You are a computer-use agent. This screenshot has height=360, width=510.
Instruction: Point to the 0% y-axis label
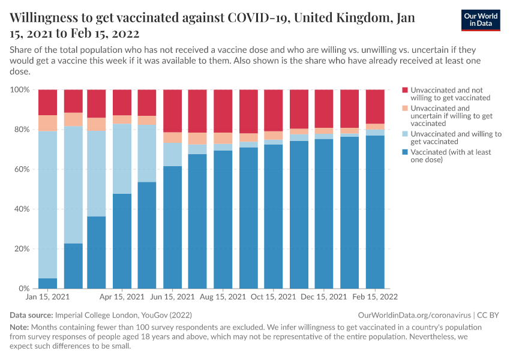tap(23, 289)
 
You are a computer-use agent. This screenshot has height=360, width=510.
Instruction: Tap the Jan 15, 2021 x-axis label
tap(47, 297)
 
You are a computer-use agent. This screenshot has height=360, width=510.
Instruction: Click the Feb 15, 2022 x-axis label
tap(375, 297)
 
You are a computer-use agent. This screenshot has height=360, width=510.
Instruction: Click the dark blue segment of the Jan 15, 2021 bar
tap(47, 283)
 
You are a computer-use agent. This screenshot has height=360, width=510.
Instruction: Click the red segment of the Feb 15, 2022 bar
tap(375, 106)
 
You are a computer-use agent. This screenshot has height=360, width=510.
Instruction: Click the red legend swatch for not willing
tap(405, 89)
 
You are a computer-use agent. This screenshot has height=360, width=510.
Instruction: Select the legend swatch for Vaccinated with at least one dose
tap(405, 152)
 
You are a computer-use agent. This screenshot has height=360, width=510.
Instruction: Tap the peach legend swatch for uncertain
tap(405, 108)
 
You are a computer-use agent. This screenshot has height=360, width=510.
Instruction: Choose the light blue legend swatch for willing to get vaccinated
tap(405, 134)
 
